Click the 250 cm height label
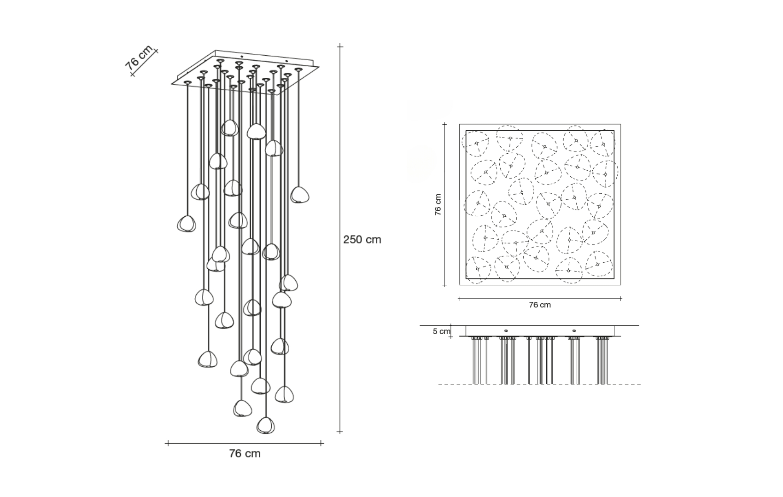362,240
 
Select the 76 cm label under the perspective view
245,454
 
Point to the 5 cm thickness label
441,331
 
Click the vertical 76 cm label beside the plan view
438,204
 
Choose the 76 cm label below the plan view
540,305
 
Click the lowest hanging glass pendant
264,425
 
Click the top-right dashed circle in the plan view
603,143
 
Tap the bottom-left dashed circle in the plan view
478,269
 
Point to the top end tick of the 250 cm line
340,46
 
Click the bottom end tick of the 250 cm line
340,432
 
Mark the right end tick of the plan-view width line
620,299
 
